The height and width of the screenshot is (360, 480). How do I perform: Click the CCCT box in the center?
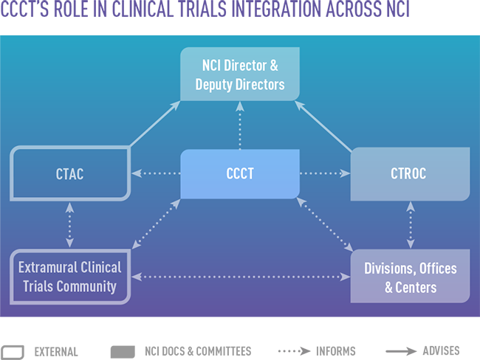(239, 174)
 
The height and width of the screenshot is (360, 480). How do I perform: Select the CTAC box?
(69, 174)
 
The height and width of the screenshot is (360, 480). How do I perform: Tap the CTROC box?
(409, 174)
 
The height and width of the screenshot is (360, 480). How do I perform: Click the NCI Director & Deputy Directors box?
(239, 75)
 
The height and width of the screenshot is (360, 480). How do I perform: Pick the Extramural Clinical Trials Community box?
(69, 277)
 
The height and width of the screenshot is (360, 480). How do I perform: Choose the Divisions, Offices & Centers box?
(409, 277)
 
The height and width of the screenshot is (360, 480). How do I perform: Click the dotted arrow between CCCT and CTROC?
(325, 174)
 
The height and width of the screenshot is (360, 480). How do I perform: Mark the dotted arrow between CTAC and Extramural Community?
(69, 225)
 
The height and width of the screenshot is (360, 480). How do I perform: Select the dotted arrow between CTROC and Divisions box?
(409, 225)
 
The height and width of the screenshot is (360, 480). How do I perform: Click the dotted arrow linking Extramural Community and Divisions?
(239, 277)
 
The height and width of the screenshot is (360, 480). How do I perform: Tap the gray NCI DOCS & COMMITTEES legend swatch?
(123, 351)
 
